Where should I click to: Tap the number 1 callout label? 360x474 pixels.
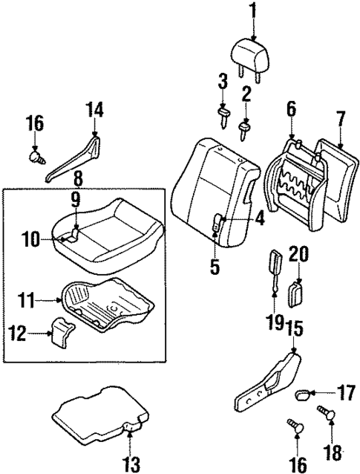tap(252, 10)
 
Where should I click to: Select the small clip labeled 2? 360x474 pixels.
tap(243, 131)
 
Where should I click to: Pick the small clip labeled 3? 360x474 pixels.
tap(220, 114)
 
